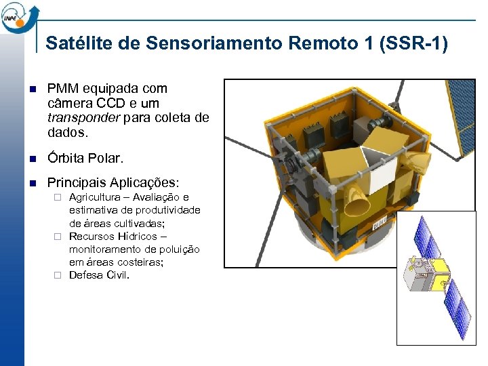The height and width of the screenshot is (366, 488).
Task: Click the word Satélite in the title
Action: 73,43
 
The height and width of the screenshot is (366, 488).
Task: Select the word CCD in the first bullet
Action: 110,102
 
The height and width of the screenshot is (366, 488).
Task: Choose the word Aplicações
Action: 144,183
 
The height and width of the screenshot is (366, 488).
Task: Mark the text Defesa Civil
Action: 99,275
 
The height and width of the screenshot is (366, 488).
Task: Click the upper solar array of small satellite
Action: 428,239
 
